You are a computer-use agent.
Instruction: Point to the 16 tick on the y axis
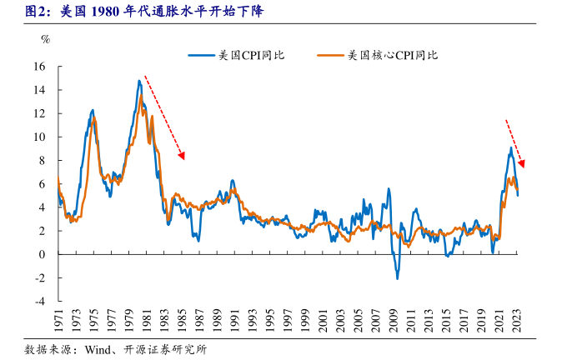[x=40, y=67]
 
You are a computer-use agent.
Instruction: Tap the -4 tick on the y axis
[x=40, y=302]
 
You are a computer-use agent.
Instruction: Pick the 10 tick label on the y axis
[x=40, y=137]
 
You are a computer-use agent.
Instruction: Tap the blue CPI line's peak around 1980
[x=139, y=81]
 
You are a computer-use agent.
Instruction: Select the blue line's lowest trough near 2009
[x=397, y=277]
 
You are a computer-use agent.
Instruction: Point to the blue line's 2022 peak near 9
[x=511, y=147]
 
